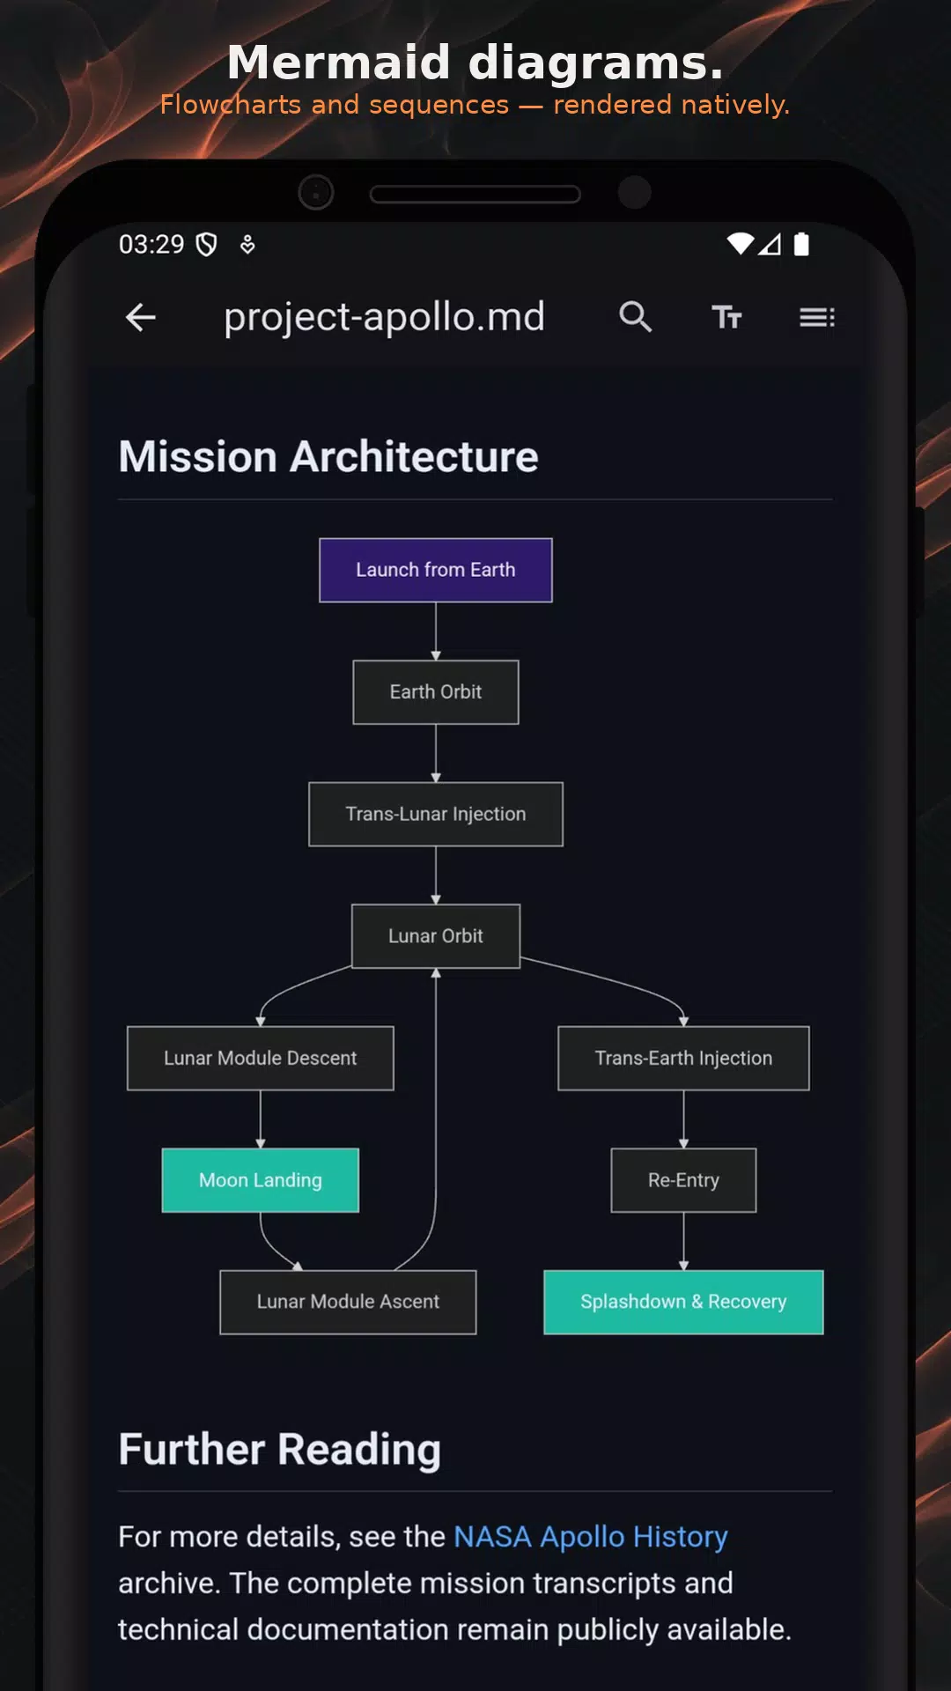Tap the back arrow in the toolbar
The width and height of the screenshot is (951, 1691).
pyautogui.click(x=141, y=317)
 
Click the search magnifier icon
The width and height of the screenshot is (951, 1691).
pyautogui.click(x=635, y=316)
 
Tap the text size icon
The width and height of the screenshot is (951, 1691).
pyautogui.click(x=726, y=316)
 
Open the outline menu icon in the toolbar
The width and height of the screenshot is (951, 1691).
pyautogui.click(x=817, y=317)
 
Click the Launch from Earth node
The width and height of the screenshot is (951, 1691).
pyautogui.click(x=436, y=570)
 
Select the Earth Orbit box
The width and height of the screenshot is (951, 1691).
pyautogui.click(x=436, y=692)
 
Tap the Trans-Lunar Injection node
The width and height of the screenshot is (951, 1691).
pyautogui.click(x=436, y=814)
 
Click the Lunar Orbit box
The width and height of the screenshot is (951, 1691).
pyautogui.click(x=436, y=936)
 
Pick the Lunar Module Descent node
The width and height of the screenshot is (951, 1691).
pyautogui.click(x=261, y=1058)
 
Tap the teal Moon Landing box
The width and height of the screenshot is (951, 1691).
pyautogui.click(x=261, y=1180)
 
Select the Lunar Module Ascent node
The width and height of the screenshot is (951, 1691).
pyautogui.click(x=348, y=1302)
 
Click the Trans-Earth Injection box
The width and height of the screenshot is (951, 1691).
pyautogui.click(x=683, y=1058)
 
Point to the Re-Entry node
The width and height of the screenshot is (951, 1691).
pyautogui.click(x=683, y=1180)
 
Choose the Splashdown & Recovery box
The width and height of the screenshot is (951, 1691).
pyautogui.click(x=683, y=1302)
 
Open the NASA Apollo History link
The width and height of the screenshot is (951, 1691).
pyautogui.click(x=591, y=1537)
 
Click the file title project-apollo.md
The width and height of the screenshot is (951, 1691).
pyautogui.click(x=384, y=317)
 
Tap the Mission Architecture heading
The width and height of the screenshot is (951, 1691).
pyautogui.click(x=328, y=456)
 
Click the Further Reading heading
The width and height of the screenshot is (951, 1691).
pyautogui.click(x=280, y=1450)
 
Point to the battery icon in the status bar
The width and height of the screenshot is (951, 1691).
pyautogui.click(x=801, y=244)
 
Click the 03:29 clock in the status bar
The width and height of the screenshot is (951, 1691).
pyautogui.click(x=151, y=244)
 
